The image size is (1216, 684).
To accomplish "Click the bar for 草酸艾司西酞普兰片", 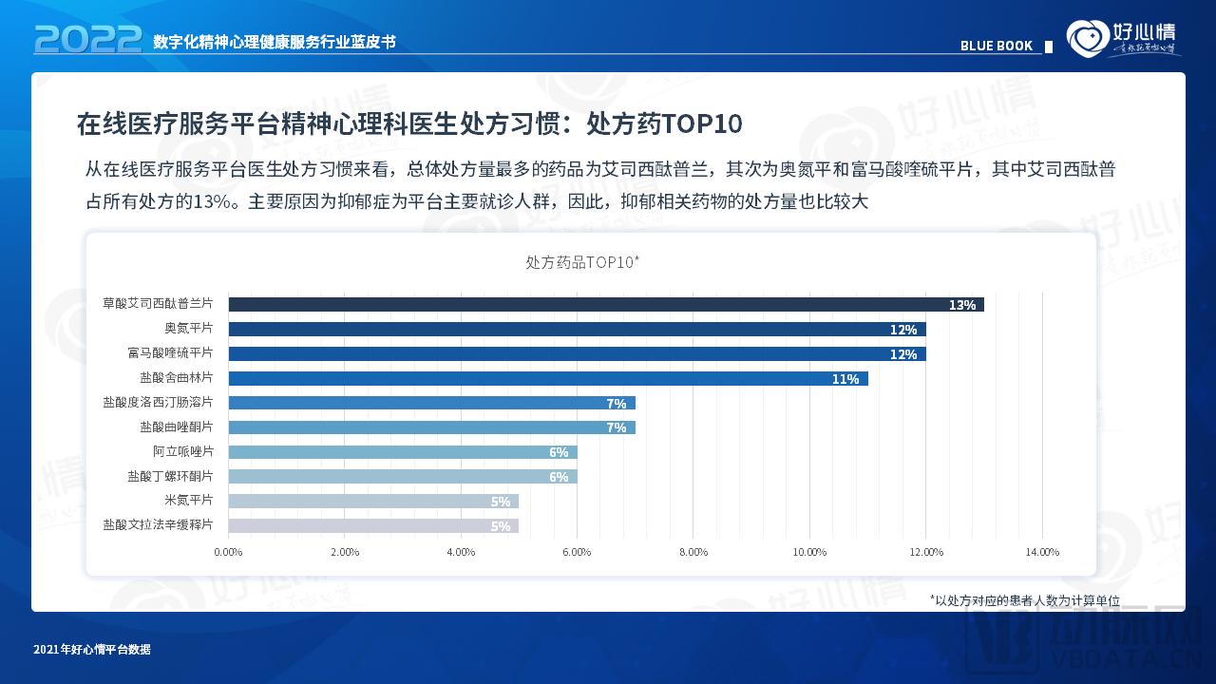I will click(605, 304).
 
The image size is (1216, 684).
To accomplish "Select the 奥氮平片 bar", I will click(577, 329).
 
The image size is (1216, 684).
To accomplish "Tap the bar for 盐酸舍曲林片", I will click(547, 378).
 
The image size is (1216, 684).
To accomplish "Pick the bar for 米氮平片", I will click(373, 501).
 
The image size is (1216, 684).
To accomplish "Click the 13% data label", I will click(961, 305).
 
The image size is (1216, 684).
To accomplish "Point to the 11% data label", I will click(845, 379).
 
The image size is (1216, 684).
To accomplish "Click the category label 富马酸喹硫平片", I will click(170, 352).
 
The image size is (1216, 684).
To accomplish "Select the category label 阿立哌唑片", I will click(182, 451).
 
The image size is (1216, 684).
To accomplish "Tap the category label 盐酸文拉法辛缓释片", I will click(158, 524).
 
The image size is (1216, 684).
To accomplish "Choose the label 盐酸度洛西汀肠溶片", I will click(158, 402).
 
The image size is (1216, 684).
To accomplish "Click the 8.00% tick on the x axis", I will click(693, 552).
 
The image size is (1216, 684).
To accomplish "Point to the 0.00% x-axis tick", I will click(228, 552).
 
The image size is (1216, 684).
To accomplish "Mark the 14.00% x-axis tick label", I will click(1042, 552).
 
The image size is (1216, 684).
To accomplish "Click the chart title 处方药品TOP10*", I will click(582, 261).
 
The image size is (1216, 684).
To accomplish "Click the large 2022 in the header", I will click(87, 40).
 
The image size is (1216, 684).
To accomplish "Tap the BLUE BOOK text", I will click(996, 46).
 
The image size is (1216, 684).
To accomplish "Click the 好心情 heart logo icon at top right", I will click(1087, 39).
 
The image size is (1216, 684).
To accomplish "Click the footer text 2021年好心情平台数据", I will click(91, 650).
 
